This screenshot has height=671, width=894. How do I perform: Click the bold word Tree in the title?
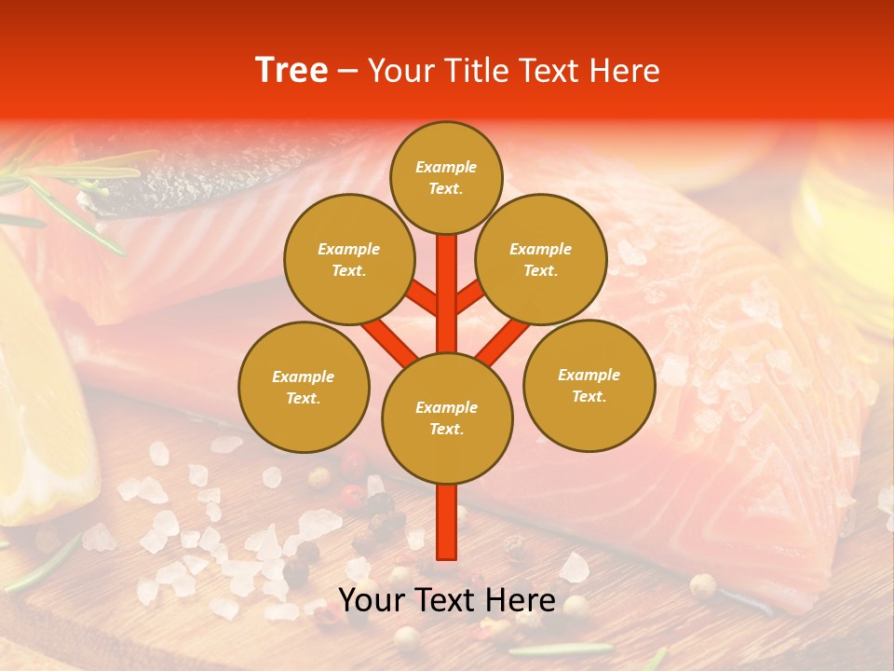coord(291,71)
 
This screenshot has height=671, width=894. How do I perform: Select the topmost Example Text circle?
coord(446,177)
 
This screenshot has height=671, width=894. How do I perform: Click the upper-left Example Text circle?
coord(348,260)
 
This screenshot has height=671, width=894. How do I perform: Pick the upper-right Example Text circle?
coord(541,260)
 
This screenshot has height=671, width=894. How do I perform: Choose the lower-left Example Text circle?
coord(304,387)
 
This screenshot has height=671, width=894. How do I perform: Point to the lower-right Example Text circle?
coord(589,385)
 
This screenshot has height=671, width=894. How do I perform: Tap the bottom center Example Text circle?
coord(447,418)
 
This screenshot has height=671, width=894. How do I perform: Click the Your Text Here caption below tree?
coord(447,599)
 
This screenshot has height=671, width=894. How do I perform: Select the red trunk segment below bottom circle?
coord(447,522)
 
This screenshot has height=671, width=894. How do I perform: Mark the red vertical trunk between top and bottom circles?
coord(447,294)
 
